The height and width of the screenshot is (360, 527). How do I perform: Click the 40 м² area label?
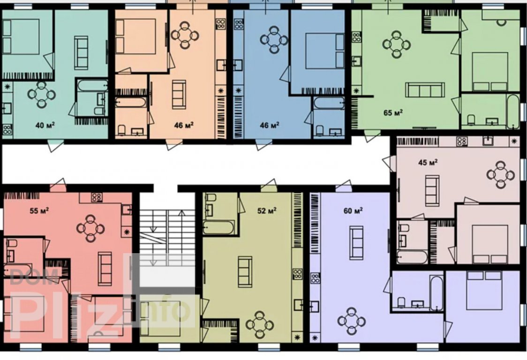coord(45,125)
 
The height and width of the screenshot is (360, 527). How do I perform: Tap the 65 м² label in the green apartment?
coord(393,112)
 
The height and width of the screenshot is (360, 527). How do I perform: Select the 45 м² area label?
coord(428,163)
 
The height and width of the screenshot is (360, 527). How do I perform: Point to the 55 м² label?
coord(39,211)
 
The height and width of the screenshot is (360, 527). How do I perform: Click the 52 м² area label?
coord(267,211)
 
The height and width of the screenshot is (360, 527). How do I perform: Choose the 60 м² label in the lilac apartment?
coord(353,211)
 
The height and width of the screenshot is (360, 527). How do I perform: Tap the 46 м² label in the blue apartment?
coord(270,125)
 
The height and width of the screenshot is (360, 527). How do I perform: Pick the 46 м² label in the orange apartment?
coord(184,125)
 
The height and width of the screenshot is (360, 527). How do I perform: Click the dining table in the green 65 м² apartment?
coord(396,44)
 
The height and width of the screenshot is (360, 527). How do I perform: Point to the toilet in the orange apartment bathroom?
coord(121,130)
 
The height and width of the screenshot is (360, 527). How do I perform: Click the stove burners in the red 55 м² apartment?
coord(97,197)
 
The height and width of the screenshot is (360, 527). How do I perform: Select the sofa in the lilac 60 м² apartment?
coord(356,243)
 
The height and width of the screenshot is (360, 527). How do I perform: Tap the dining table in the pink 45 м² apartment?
coord(500,175)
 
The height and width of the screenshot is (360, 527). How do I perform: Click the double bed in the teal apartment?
coord(21,36)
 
